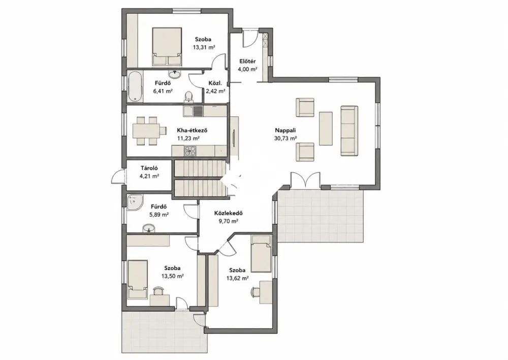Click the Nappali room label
coord(285,130)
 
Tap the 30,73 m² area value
coord(285,138)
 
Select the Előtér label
coord(247,62)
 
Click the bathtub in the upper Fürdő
coord(135,86)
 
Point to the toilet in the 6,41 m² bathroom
coord(188,97)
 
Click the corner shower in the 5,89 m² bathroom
coord(135,202)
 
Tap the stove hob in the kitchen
coord(190,151)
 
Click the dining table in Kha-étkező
coord(146,131)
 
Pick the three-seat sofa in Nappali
coord(350,131)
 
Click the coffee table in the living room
coord(326,128)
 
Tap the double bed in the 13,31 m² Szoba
coord(167,46)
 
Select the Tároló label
coord(149,168)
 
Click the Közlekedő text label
coord(229,214)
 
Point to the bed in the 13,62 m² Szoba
coord(261,254)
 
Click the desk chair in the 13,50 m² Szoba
coord(158,290)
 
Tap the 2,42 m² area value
coord(215,91)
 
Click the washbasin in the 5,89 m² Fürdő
coord(149,228)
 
